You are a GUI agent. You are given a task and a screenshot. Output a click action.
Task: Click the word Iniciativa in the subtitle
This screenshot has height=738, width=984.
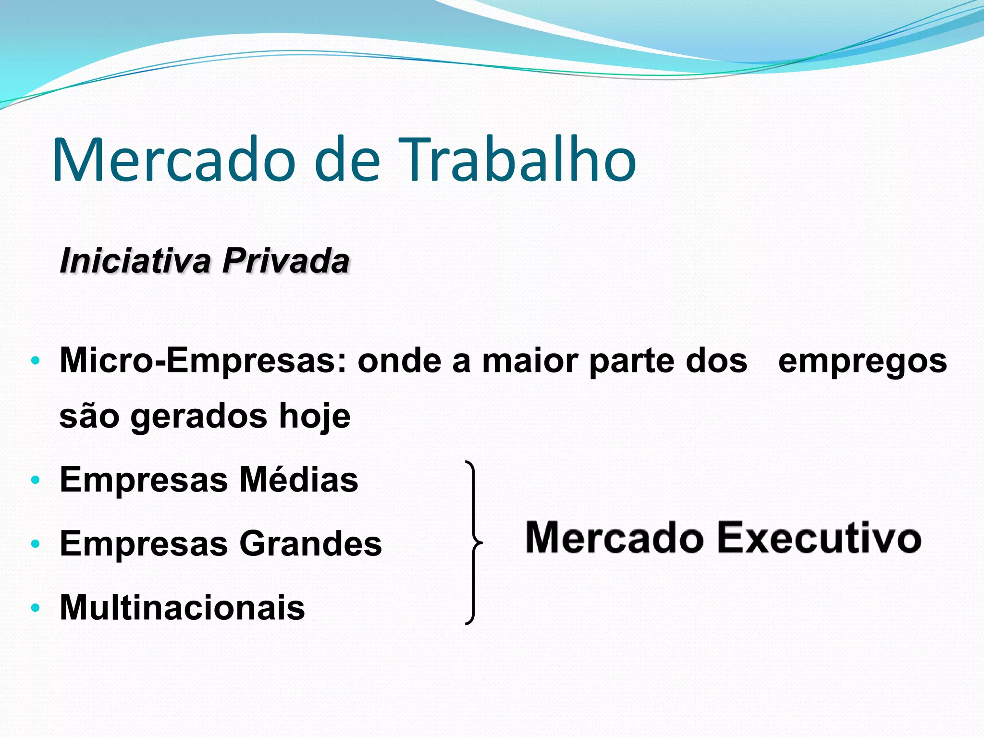pos(135,261)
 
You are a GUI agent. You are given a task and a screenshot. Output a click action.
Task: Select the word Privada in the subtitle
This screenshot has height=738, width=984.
pos(285,261)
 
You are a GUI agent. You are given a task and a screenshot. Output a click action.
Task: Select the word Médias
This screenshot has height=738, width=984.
pos(299,480)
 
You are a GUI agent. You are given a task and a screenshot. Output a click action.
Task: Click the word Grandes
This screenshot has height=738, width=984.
pos(310,543)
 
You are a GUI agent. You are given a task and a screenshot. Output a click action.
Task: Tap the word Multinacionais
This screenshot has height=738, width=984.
pos(182,607)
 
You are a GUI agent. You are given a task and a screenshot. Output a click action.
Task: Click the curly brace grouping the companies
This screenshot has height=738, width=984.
pos(474,543)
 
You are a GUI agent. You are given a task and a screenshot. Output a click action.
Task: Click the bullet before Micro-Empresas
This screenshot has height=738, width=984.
pos(35,361)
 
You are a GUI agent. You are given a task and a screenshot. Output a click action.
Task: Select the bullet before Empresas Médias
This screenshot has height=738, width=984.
pos(35,480)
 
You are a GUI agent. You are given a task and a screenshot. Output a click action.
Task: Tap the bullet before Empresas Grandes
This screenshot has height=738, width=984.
pos(35,544)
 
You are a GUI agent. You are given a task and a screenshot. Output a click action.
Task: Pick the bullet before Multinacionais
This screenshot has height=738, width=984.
pos(35,608)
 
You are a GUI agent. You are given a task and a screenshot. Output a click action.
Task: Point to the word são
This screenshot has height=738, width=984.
pos(89,417)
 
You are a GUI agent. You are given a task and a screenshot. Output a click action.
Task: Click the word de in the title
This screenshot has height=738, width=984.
pos(347,160)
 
